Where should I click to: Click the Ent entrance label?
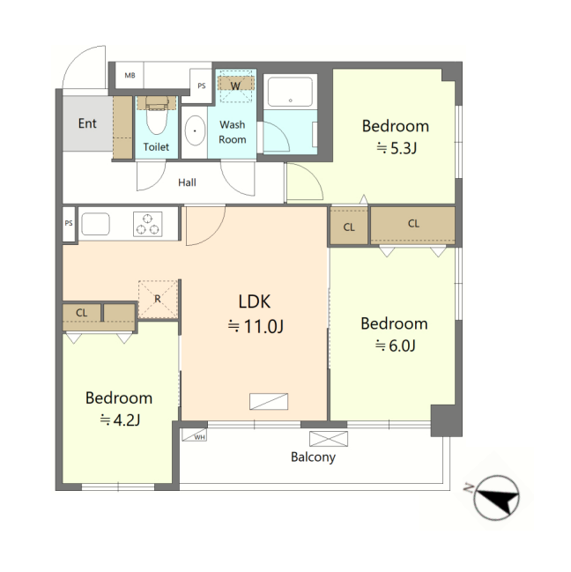[87, 123]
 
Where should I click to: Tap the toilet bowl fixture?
[157, 115]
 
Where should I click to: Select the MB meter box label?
[130, 75]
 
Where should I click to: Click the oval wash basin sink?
[195, 131]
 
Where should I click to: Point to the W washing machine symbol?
[235, 85]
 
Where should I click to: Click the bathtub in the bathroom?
[290, 91]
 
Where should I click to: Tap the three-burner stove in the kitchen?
[148, 224]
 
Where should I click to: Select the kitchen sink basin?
[95, 224]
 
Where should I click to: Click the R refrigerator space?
[158, 299]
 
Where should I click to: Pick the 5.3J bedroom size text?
[397, 148]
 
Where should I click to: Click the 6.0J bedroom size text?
[396, 345]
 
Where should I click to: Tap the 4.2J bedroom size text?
[121, 420]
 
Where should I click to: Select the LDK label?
[255, 301]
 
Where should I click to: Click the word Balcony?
[313, 457]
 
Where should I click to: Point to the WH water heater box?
[195, 435]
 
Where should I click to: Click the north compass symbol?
[497, 498]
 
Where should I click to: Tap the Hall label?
[187, 182]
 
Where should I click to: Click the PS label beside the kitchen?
[69, 223]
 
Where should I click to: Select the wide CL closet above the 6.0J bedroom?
[412, 226]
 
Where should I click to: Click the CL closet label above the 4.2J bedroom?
[82, 313]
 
